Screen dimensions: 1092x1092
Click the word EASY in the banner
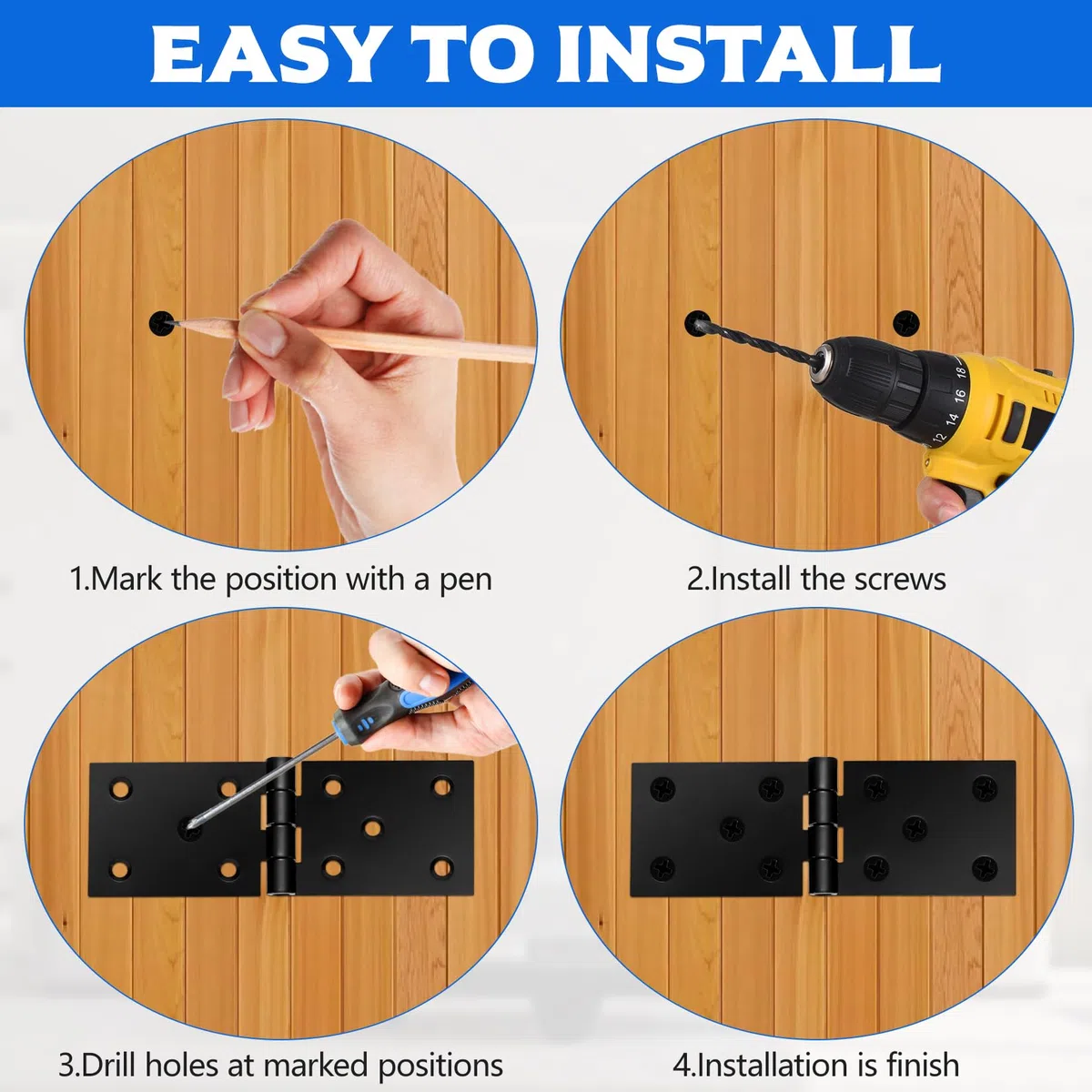[264, 54]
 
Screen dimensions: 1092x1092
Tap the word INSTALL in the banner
[749, 54]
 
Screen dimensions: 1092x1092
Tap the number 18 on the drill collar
[960, 372]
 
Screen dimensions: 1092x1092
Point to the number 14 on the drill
[951, 419]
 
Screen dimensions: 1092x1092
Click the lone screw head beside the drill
[905, 324]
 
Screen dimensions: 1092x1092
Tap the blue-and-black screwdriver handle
[397, 703]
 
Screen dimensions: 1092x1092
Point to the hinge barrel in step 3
[280, 827]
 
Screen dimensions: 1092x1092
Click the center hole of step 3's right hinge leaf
[372, 828]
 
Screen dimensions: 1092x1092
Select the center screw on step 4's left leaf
[733, 828]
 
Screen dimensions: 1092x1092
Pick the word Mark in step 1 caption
[126, 579]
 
